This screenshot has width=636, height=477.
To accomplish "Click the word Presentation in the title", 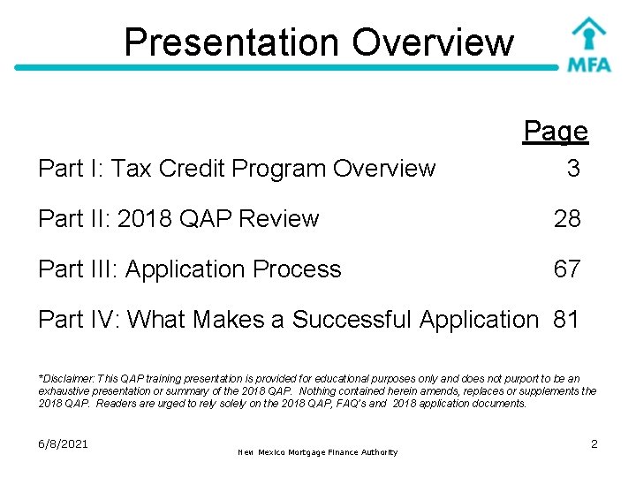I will point(231,42).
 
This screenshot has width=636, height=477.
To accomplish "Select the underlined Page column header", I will point(556,132).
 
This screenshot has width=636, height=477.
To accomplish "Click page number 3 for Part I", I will point(573,168).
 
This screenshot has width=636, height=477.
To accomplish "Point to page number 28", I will point(567,218).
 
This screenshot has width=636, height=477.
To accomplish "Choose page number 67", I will point(567,269).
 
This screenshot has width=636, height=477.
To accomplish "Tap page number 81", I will point(566,319).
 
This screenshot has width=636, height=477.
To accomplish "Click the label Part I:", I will point(71,168).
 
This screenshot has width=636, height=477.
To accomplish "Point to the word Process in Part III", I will point(298,269).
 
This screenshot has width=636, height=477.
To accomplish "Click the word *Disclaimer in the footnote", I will point(69,378).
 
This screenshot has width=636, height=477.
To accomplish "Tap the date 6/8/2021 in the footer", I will point(64,443).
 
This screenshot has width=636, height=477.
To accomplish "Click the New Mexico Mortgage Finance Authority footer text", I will point(318,452).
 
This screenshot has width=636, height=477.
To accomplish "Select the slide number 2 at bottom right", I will point(594,443).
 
